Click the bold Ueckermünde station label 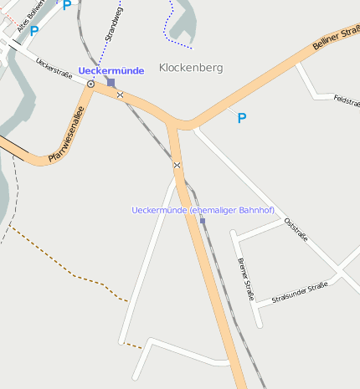click(x=111, y=71)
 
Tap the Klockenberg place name click(x=191, y=67)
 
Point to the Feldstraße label click(x=346, y=100)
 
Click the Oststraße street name click(x=296, y=228)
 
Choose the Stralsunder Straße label click(x=299, y=293)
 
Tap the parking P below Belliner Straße click(x=242, y=119)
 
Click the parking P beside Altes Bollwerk click(x=34, y=32)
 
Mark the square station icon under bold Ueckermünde click(x=111, y=83)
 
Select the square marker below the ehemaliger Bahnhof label click(x=202, y=221)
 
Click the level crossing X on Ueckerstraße click(x=121, y=95)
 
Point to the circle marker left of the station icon click(x=90, y=84)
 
